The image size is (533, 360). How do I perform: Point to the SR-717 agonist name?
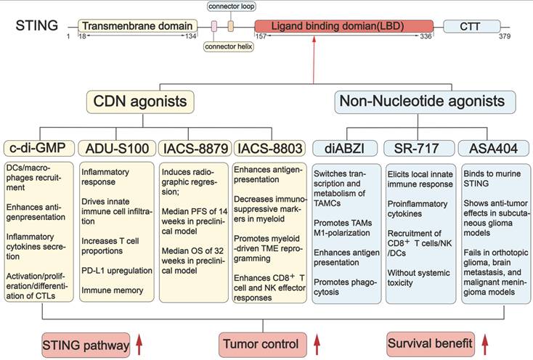click(419, 148)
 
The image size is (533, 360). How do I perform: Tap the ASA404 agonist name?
click(493, 148)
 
